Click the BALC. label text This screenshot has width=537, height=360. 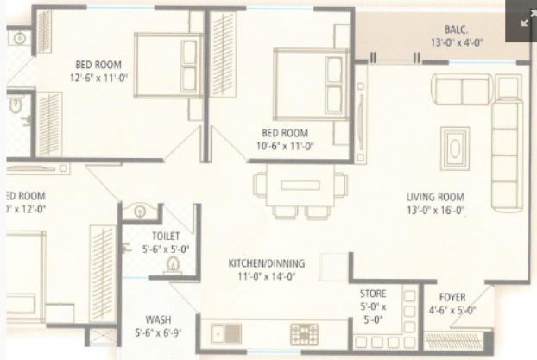pyautogui.click(x=457, y=28)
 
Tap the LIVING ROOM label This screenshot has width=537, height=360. pyautogui.click(x=436, y=197)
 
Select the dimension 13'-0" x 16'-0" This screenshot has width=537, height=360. pyautogui.click(x=436, y=209)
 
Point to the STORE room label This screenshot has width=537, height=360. pyautogui.click(x=373, y=294)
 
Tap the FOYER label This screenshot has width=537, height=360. pyautogui.click(x=452, y=297)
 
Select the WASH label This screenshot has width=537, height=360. pyautogui.click(x=158, y=319)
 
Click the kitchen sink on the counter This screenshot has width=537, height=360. pyautogui.click(x=227, y=332)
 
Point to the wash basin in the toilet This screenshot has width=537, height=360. pyautogui.click(x=140, y=211)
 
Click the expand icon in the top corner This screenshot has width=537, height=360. pyautogui.click(x=526, y=19)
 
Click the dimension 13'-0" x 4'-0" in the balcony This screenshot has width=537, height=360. pyautogui.click(x=457, y=42)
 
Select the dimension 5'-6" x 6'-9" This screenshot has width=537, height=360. pyautogui.click(x=158, y=332)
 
